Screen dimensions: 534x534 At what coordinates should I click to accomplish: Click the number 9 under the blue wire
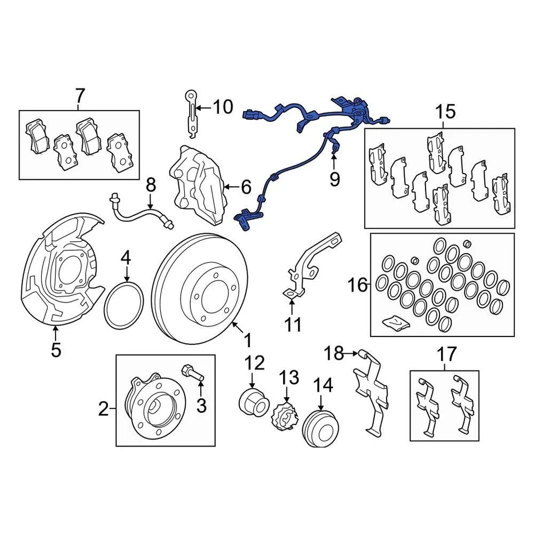(x=334, y=179)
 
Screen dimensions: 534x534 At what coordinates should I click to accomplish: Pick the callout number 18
(x=334, y=353)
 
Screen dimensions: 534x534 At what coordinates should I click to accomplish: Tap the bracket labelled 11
(x=311, y=261)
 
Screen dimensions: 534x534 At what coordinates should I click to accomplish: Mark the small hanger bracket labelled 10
(x=191, y=114)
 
